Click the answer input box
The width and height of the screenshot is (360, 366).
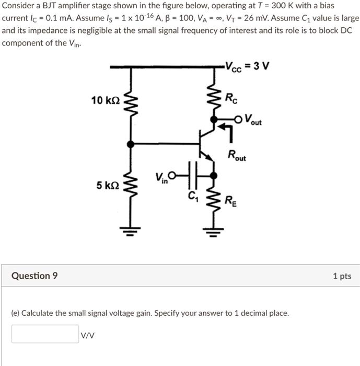point(45,334)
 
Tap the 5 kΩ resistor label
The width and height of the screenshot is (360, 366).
point(108,185)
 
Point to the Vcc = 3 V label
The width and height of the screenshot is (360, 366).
point(247,66)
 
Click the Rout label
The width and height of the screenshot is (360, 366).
point(237,155)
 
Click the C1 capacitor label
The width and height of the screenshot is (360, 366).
point(193,197)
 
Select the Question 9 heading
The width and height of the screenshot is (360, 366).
point(34,276)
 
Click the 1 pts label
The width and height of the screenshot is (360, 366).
point(342,276)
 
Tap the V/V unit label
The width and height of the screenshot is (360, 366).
point(87,335)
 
